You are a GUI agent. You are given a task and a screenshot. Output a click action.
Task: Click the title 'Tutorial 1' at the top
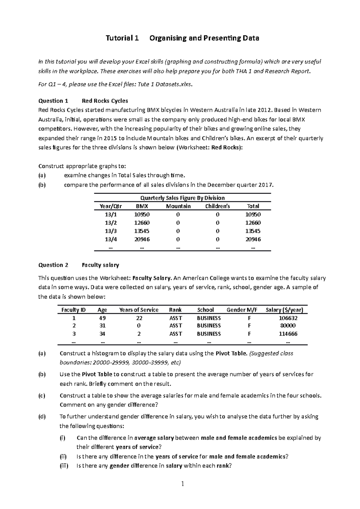(122, 38)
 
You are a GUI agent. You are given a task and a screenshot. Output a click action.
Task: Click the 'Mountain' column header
(178, 206)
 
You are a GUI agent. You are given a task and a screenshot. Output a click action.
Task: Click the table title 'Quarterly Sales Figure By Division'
(182, 198)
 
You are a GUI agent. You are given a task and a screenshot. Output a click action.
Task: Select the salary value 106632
(288, 318)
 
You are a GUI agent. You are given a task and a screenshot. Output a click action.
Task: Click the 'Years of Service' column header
(139, 310)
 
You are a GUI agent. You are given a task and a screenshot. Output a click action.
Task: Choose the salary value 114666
(288, 334)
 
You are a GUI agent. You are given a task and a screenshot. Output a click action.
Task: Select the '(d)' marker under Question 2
(42, 417)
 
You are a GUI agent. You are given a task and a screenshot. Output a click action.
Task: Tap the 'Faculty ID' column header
(73, 310)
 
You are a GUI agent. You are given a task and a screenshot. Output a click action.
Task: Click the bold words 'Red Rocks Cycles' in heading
(105, 101)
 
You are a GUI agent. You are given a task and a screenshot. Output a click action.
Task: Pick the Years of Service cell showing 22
(139, 318)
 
